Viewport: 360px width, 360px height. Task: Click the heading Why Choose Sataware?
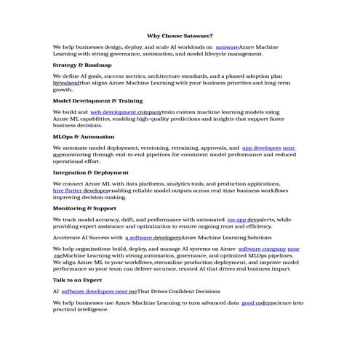(180, 35)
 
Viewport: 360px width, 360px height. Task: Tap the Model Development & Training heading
(97, 100)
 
